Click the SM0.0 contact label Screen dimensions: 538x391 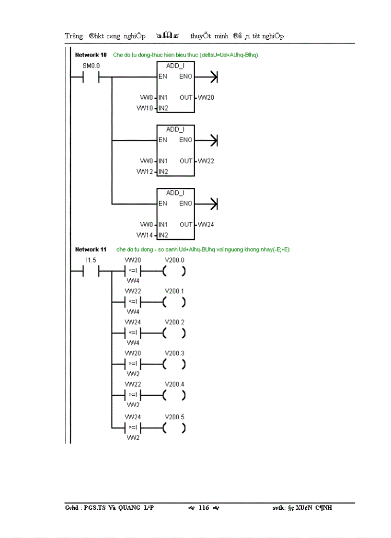(x=88, y=65)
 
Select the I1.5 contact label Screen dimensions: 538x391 (x=91, y=260)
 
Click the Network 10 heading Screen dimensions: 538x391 (x=91, y=55)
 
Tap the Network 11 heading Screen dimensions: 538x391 (x=91, y=250)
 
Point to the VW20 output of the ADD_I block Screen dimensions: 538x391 (x=206, y=98)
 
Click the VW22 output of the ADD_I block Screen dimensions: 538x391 (x=206, y=161)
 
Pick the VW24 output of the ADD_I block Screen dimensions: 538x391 (x=206, y=225)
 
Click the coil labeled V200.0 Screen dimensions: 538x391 (x=174, y=272)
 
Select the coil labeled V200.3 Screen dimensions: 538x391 (x=174, y=365)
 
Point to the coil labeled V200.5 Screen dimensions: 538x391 (x=174, y=428)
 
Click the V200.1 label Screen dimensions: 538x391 (x=174, y=291)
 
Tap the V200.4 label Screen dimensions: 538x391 (x=174, y=384)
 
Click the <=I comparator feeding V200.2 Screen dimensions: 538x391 (x=133, y=333)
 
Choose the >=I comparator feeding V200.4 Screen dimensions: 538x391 (x=133, y=395)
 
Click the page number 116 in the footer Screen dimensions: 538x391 (x=204, y=508)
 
